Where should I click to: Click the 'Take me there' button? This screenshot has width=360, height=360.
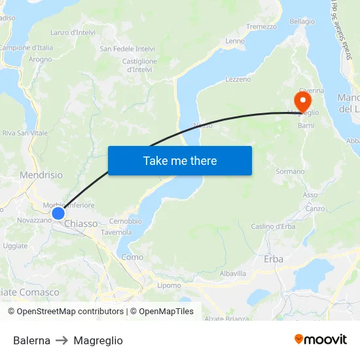(x=179, y=160)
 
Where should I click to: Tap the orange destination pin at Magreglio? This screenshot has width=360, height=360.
(x=302, y=101)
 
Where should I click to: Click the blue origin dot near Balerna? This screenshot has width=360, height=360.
(x=58, y=213)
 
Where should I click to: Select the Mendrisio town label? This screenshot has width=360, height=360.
(x=41, y=175)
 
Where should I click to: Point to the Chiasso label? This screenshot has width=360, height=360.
(x=81, y=224)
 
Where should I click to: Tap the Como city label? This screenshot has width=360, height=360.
(x=132, y=257)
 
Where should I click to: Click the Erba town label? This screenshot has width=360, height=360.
(x=274, y=259)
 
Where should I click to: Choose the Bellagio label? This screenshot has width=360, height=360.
(x=302, y=22)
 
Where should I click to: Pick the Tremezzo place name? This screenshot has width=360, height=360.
(x=261, y=27)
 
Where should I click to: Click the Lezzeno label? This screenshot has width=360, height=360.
(x=238, y=79)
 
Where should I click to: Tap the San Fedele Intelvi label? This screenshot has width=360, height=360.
(x=127, y=48)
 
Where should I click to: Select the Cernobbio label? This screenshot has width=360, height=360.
(x=125, y=221)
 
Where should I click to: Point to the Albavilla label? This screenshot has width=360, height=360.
(x=233, y=273)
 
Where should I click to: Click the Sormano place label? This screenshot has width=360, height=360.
(x=290, y=171)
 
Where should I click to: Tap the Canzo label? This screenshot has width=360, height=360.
(x=315, y=209)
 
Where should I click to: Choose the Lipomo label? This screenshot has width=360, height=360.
(x=169, y=285)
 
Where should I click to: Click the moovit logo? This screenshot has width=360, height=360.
(x=320, y=340)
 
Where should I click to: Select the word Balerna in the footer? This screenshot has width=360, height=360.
(x=31, y=340)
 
